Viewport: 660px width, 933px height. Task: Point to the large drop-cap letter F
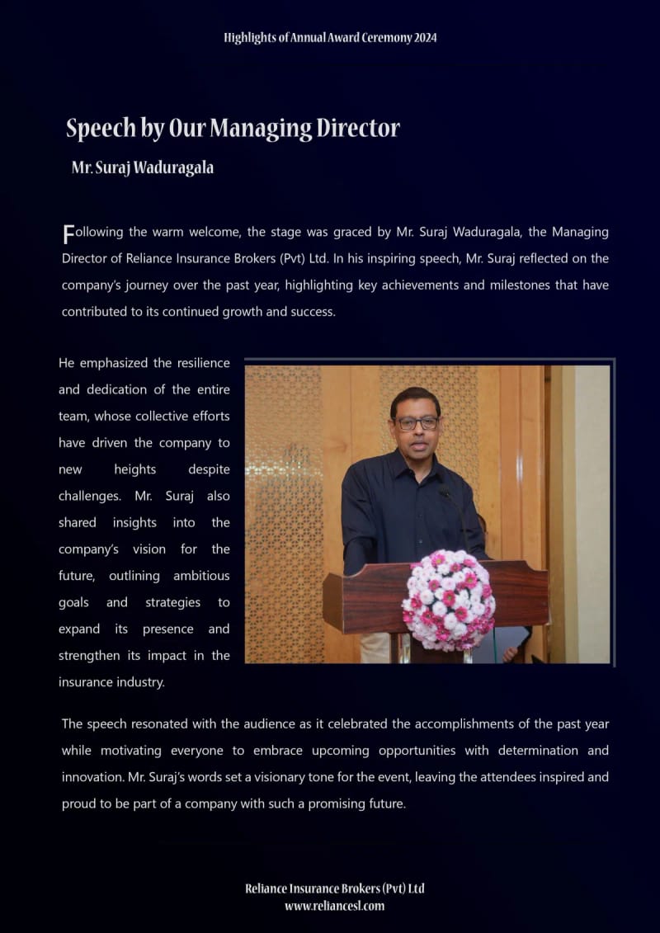pos(68,233)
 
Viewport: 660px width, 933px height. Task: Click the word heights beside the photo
pos(135,469)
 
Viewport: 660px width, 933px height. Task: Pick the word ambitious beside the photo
pos(201,576)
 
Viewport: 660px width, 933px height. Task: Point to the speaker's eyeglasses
pos(417,422)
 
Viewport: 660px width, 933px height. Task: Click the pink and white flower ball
pos(448,599)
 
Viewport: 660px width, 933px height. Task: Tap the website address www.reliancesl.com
pos(334,906)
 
